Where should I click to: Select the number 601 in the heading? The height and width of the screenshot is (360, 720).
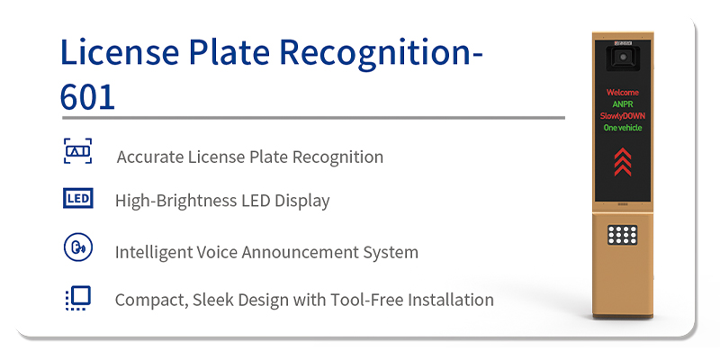pos(88,96)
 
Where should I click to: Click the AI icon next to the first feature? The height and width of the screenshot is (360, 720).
pos(77,151)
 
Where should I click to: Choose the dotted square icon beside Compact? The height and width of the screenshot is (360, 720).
pos(77,298)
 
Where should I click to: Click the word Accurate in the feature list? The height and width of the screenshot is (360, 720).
pos(148,157)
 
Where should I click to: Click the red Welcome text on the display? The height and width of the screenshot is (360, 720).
pos(623,93)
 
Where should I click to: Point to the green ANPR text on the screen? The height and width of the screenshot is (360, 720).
pos(623,104)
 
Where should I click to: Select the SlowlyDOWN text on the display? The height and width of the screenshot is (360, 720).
pos(623,116)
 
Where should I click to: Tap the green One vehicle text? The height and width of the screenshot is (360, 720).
pos(623,128)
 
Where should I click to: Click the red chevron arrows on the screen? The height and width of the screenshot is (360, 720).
pos(623,163)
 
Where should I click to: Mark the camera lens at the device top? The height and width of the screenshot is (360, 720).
pos(623,58)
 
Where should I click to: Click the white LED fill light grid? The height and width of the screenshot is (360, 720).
pos(623,236)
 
